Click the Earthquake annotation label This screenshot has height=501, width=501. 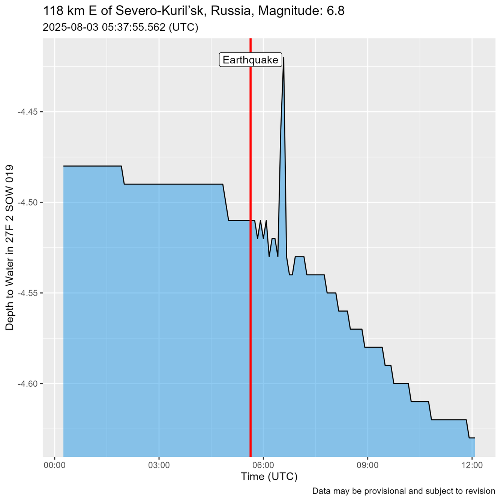[x=250, y=60]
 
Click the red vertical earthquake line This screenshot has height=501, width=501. [x=250, y=262]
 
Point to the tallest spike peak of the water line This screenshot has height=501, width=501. [x=283, y=57]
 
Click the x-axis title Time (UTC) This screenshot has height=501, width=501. [x=269, y=477]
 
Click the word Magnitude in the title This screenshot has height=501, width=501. [x=295, y=11]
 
